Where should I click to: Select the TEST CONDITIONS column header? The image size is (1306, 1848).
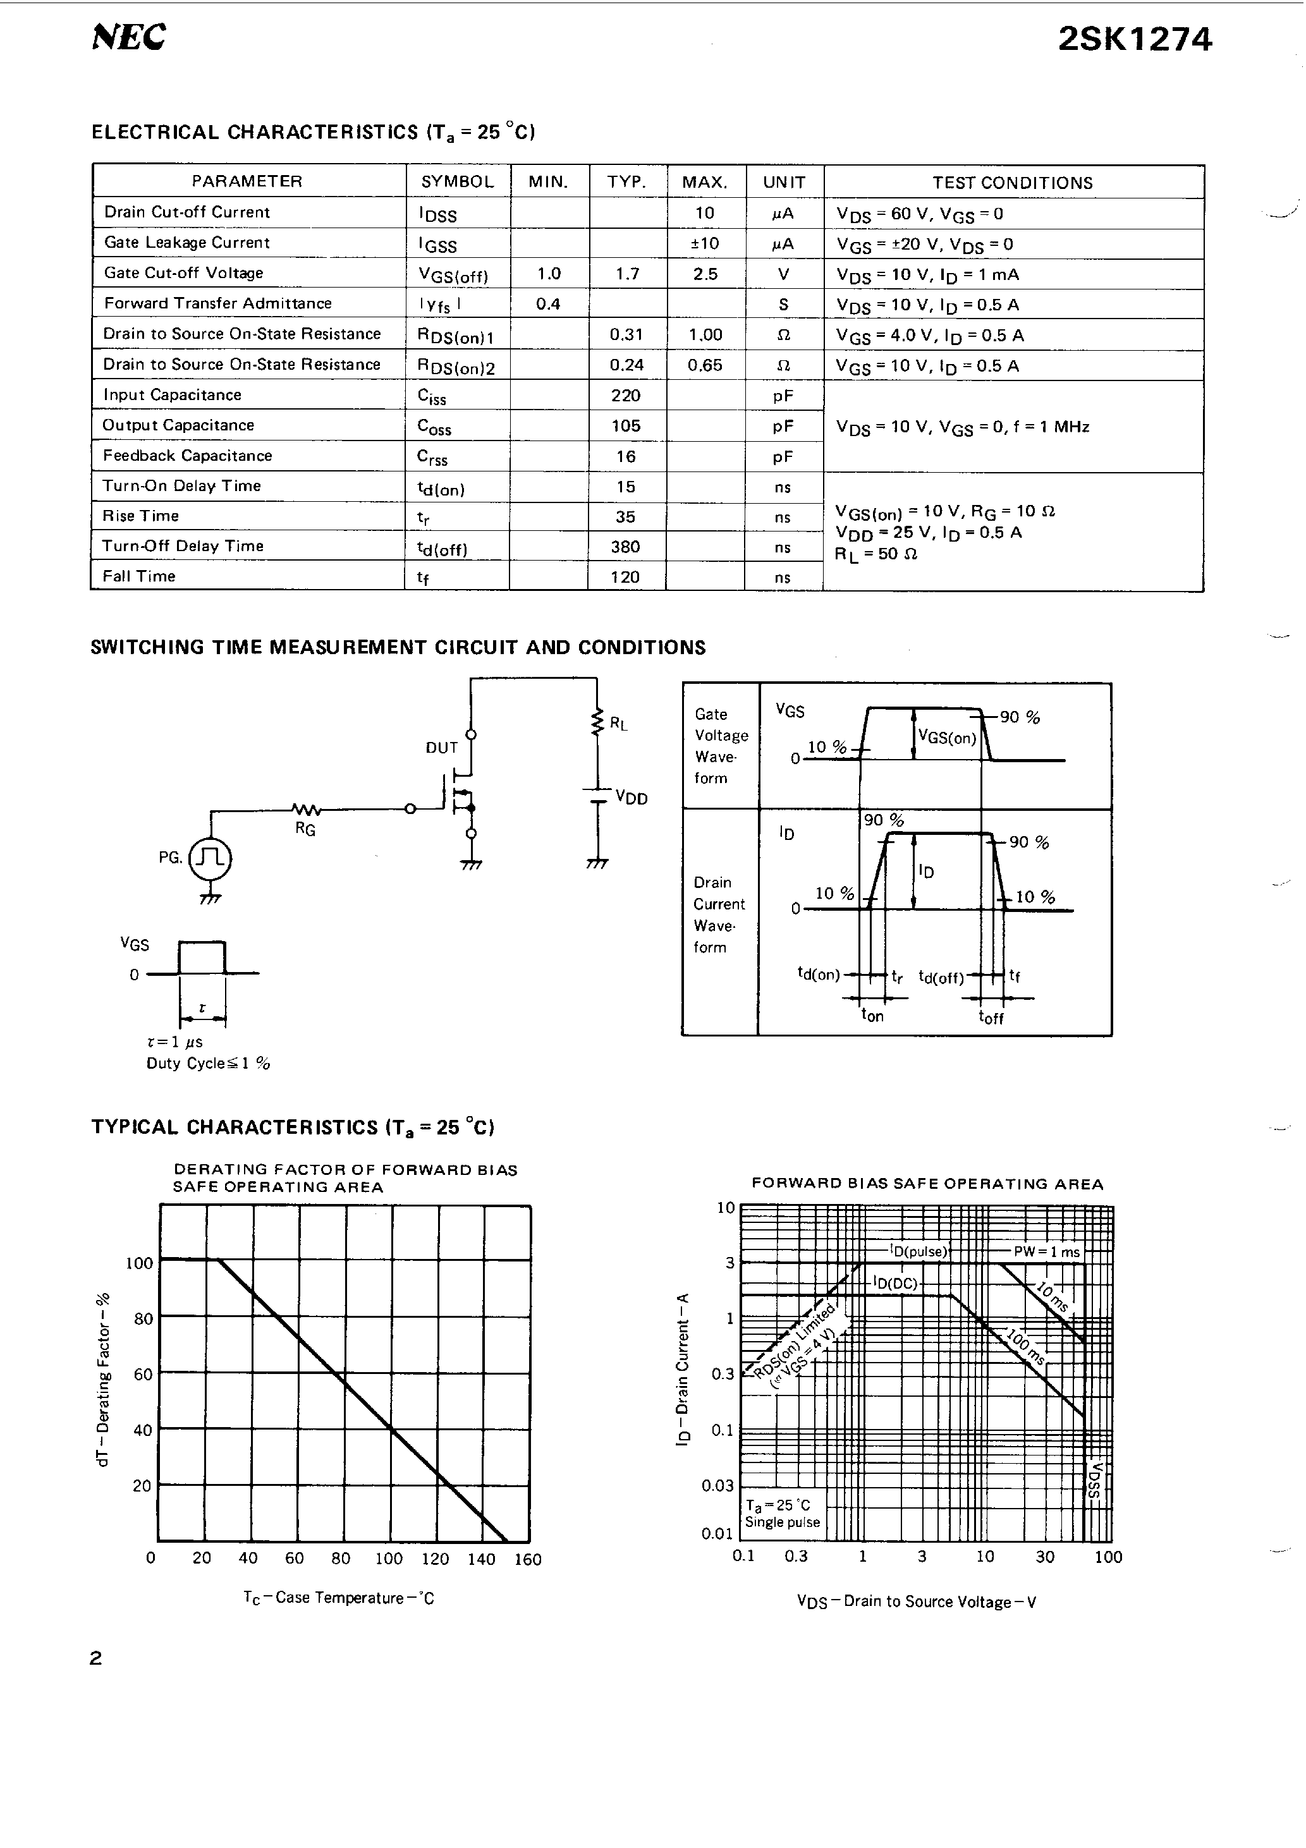[x=1012, y=183]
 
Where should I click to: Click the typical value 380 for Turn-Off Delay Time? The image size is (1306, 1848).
[x=626, y=547]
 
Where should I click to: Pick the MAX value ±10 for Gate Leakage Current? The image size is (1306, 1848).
[x=705, y=243]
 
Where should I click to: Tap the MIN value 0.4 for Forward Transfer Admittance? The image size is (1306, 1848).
[x=547, y=303]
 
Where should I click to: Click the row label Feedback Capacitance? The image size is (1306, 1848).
[x=187, y=456]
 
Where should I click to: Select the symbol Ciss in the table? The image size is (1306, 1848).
[x=432, y=396]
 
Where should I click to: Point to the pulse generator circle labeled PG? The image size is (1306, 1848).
[x=210, y=859]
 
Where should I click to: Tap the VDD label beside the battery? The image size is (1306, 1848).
[x=632, y=798]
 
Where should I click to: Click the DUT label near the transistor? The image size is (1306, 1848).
[x=441, y=748]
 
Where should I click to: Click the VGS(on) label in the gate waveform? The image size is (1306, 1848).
[x=947, y=738]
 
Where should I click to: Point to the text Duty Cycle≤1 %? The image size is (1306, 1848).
[x=208, y=1063]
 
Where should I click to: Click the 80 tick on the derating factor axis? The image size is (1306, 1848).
[x=143, y=1318]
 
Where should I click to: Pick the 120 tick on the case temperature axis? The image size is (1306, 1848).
[x=435, y=1559]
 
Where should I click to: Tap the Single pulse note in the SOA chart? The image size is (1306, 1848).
[x=782, y=1522]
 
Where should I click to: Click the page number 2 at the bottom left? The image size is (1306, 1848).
[x=96, y=1658]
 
